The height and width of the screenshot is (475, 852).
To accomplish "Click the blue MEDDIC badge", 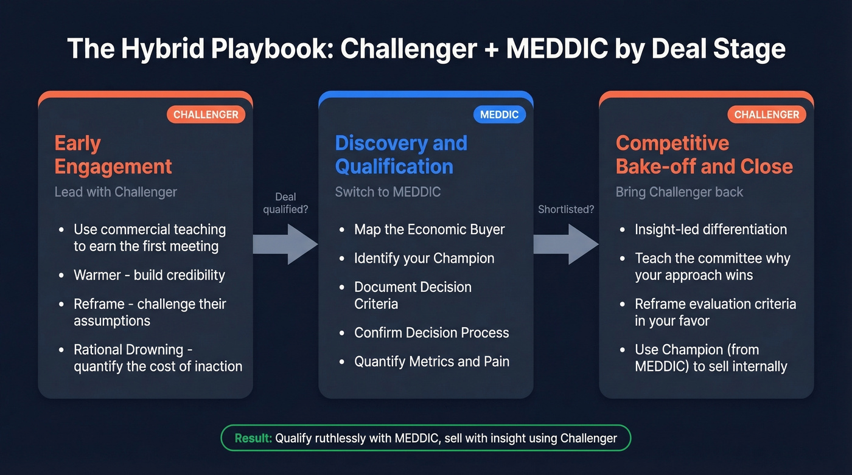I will point(499,114).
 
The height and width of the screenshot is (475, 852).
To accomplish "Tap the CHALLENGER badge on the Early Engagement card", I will point(206,114).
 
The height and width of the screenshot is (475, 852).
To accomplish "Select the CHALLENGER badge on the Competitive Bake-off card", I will point(766,114).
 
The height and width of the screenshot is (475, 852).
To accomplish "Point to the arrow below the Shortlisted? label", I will point(566,244).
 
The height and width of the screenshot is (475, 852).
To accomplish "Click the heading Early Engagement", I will point(113,154).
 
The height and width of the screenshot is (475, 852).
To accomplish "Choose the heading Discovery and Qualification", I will point(401,154).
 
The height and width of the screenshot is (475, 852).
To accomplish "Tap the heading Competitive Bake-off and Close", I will point(704,154).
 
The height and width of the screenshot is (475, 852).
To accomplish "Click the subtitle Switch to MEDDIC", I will point(388,192).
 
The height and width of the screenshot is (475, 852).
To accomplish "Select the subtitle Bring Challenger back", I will point(679,192).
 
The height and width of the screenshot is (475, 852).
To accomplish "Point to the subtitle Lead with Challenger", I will point(116,192).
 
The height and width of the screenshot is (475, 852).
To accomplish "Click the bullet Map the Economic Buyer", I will point(430,230).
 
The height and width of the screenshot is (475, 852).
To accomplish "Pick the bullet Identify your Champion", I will point(424,258).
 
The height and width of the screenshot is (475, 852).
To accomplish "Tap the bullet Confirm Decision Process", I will point(431,333).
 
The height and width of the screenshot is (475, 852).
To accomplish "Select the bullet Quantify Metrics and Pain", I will point(431,362).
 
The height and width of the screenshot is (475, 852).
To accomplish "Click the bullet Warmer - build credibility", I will point(149,275).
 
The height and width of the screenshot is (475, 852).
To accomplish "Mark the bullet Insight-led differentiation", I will point(711,230).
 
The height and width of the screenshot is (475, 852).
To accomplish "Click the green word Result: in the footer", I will point(254,438).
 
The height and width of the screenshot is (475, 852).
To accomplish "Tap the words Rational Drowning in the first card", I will point(128,350).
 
